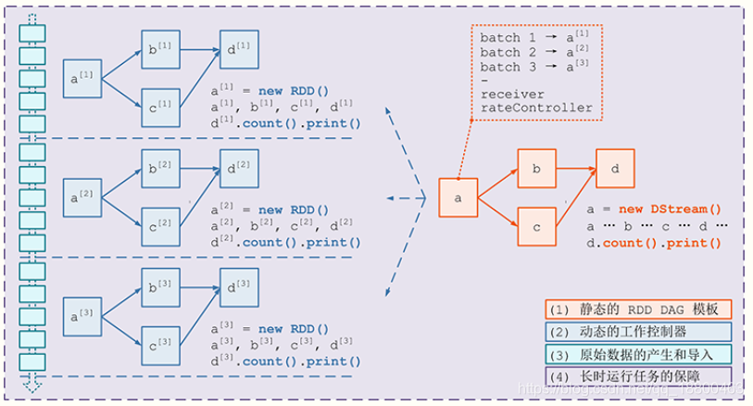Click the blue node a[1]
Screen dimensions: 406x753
point(82,78)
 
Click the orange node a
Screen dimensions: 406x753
point(457,198)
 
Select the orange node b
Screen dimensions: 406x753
point(535,170)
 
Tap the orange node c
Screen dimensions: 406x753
point(535,227)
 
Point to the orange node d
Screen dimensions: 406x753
point(614,170)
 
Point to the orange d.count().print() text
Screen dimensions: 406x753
point(653,243)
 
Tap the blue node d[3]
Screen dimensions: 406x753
point(238,286)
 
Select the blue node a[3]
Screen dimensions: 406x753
point(82,314)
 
